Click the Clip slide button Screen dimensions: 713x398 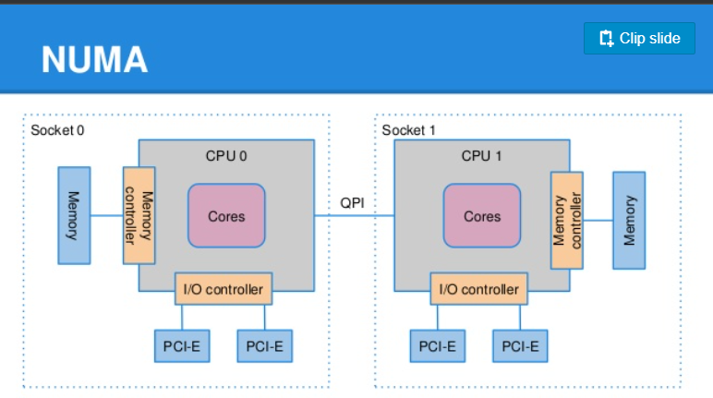click(x=639, y=38)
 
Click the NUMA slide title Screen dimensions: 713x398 click(x=94, y=60)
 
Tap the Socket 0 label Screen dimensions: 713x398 click(x=57, y=130)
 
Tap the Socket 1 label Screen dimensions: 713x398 click(x=409, y=130)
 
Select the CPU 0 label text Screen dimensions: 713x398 click(x=226, y=156)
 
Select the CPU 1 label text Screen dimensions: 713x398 click(x=481, y=156)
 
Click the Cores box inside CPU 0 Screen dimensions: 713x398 click(x=226, y=215)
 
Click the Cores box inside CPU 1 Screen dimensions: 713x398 click(x=482, y=215)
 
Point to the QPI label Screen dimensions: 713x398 click(x=352, y=203)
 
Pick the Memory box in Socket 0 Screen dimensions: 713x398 click(x=74, y=215)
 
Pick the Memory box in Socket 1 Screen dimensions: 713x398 click(x=629, y=220)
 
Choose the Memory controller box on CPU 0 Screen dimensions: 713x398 click(x=139, y=215)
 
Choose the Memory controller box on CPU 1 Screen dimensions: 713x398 click(x=566, y=220)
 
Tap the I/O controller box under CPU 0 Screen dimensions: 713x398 click(x=224, y=289)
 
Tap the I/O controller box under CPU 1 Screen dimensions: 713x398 click(x=479, y=289)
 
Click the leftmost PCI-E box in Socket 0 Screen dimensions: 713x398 click(x=182, y=346)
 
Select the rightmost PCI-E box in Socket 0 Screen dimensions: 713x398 click(x=265, y=346)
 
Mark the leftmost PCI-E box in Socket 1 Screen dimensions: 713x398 click(x=438, y=346)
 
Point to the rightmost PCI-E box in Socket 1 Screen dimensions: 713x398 click(x=520, y=346)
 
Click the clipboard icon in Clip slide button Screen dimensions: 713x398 click(x=607, y=38)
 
